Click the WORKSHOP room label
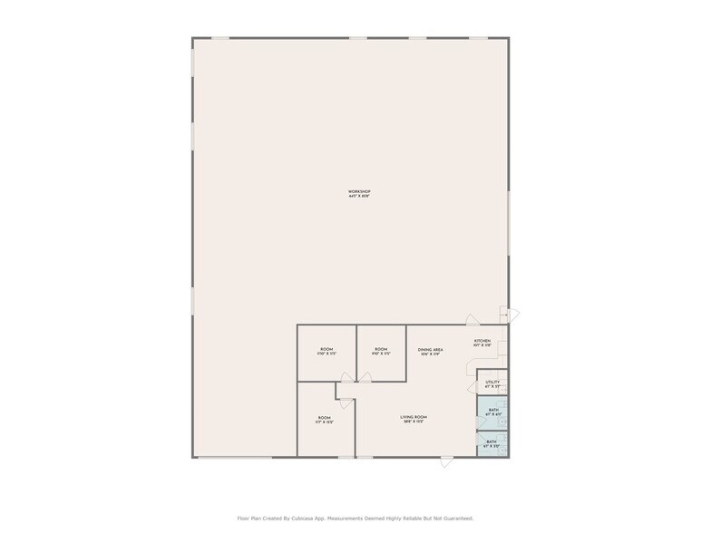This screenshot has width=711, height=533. tap(359, 191)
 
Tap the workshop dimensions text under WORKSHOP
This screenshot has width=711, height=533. tap(359, 196)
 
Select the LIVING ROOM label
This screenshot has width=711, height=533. tap(414, 417)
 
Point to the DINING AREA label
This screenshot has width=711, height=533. tap(430, 349)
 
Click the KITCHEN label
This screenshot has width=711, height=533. tap(482, 341)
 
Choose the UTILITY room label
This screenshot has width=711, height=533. tap(492, 382)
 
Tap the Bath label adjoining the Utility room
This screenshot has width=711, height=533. tap(493, 410)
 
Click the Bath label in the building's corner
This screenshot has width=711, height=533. tap(492, 441)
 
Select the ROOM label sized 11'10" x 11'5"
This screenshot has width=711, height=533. tap(326, 349)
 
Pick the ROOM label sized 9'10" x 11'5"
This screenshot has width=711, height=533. tap(381, 349)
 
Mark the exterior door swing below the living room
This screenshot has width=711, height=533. tap(445, 462)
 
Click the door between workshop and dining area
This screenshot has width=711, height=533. tap(473, 319)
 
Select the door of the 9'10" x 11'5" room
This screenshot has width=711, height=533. tap(363, 378)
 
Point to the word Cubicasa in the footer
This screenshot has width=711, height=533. tap(309, 518)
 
